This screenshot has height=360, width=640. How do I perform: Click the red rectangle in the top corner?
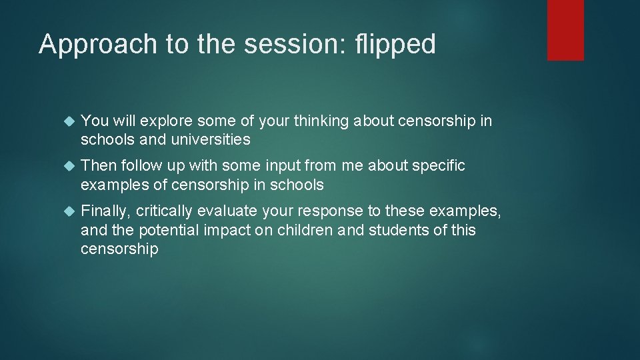(x=565, y=30)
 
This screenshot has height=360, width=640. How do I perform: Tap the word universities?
(x=210, y=139)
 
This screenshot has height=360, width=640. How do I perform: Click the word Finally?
(x=105, y=211)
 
